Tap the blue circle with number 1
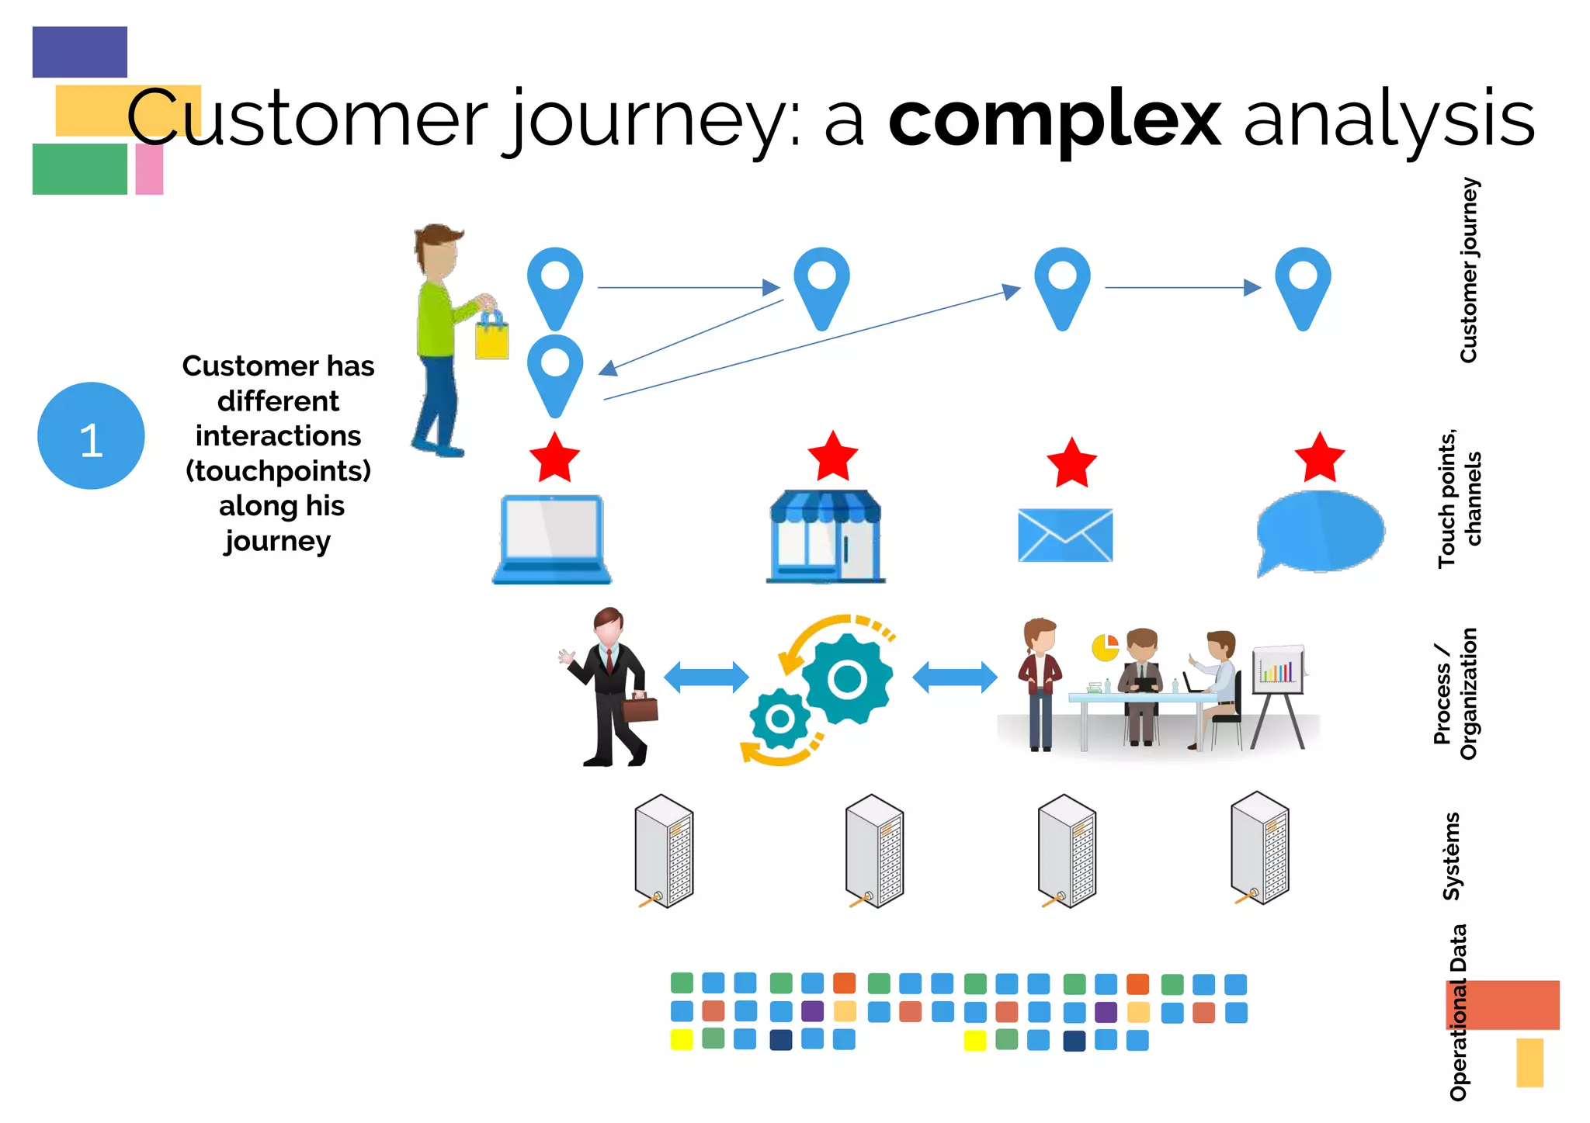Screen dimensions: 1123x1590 click(91, 436)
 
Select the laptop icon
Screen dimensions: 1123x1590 click(552, 539)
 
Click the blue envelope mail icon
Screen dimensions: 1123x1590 click(1065, 535)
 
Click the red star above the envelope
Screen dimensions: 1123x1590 click(1071, 463)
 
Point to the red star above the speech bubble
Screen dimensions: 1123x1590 click(1320, 459)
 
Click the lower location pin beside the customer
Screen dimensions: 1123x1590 click(555, 373)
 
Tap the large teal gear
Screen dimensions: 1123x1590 click(847, 680)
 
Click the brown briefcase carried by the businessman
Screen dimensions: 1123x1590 click(641, 708)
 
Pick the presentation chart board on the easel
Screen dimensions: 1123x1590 click(1278, 670)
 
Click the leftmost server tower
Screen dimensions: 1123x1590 click(664, 851)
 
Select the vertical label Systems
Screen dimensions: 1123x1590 click(1451, 857)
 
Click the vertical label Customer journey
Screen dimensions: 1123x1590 click(1468, 270)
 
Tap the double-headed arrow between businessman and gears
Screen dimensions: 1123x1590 click(706, 678)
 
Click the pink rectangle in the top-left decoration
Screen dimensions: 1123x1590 click(149, 169)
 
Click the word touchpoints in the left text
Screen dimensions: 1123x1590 click(278, 471)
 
